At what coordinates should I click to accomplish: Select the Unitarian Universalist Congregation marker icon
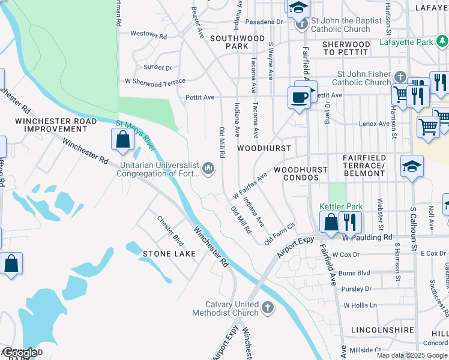coord(208,168)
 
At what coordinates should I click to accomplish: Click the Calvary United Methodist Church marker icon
coord(268,308)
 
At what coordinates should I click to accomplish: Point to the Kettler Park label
coord(341,207)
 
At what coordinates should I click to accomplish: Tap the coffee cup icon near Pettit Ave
coord(299,97)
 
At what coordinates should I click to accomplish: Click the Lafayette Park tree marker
coord(442,41)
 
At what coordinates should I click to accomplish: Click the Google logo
coord(20,353)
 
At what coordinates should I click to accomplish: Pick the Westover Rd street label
coord(148,34)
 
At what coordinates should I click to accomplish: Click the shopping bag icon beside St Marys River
coord(122,140)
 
